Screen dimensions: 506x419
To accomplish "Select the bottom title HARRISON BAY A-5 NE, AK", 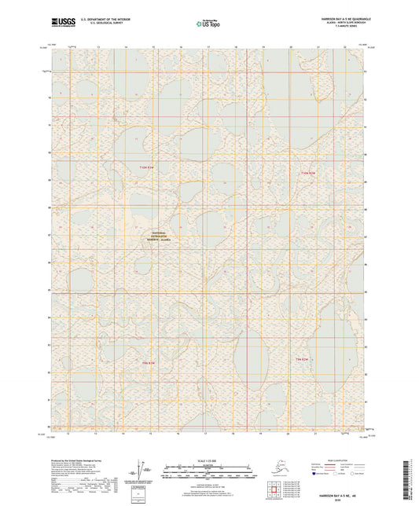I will click(336, 487).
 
